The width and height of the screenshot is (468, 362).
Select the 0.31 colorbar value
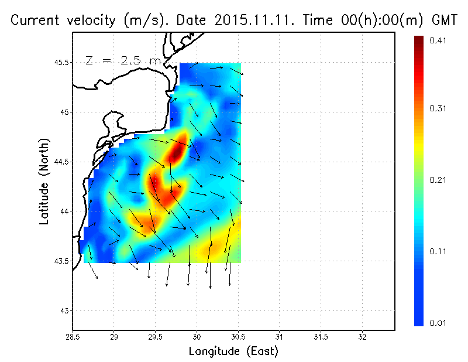pyautogui.click(x=438, y=108)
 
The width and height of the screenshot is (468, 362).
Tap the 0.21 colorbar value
pyautogui.click(x=438, y=180)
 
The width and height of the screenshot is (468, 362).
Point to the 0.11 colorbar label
pyautogui.click(x=438, y=251)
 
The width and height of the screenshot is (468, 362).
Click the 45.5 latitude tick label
pyautogui.click(x=60, y=63)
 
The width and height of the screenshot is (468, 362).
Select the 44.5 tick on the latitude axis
pyautogui.click(x=60, y=162)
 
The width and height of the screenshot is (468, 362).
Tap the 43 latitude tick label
pyautogui.click(x=64, y=310)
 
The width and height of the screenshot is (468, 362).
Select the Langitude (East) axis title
pyautogui.click(x=233, y=351)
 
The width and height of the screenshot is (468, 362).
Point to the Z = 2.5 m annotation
pyautogui.click(x=123, y=60)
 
